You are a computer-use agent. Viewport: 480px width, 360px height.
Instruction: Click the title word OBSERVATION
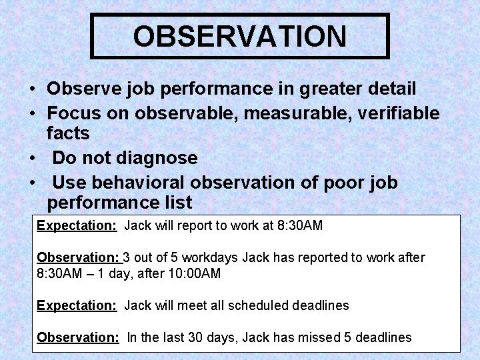coord(239,36)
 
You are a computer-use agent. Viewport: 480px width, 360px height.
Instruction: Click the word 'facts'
coord(68,133)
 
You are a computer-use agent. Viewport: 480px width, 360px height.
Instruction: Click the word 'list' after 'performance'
coord(175,202)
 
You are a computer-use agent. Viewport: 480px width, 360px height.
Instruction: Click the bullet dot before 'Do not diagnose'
coord(32,159)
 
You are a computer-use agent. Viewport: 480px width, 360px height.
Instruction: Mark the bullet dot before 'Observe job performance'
coord(32,89)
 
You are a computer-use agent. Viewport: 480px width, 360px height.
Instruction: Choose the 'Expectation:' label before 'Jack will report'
coord(77,225)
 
